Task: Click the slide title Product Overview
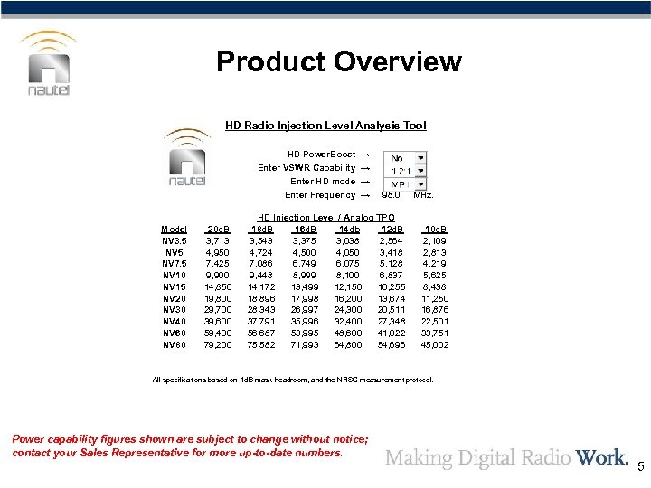click(x=339, y=62)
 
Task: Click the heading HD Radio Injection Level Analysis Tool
click(x=325, y=126)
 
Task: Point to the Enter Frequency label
click(x=320, y=195)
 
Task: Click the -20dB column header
click(x=218, y=230)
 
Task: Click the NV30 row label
click(x=175, y=309)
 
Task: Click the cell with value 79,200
click(x=218, y=344)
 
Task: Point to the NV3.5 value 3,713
click(x=218, y=241)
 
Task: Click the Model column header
click(x=174, y=230)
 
